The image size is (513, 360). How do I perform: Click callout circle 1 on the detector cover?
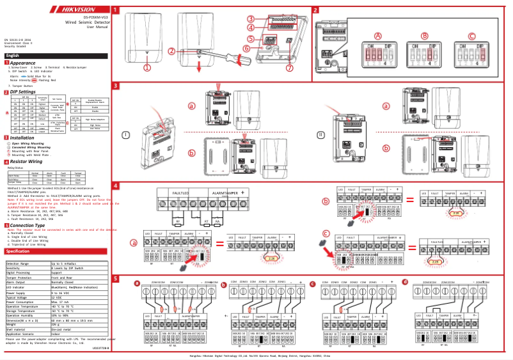point(147,67)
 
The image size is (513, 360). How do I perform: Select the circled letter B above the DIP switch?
point(425,36)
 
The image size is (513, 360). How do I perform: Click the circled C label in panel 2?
point(473,36)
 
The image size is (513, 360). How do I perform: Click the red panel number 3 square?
point(115,86)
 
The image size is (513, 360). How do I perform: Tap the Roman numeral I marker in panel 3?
point(126,134)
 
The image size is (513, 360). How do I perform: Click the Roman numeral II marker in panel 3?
point(320,134)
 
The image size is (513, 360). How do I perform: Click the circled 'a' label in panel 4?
point(134,243)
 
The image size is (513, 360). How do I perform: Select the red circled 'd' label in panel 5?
point(422,282)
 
